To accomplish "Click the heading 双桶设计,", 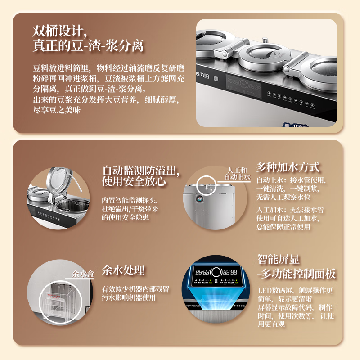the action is point(60,31).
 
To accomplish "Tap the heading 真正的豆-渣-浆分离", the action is point(88,46).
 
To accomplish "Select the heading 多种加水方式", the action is point(288,167).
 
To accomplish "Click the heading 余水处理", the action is point(123,270).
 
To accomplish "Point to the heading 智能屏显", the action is point(279,260).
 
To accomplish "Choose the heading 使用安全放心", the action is point(134,181).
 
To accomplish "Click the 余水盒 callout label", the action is point(83,274).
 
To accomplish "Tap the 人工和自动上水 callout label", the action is point(237,174).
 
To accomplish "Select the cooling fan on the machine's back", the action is point(199,199).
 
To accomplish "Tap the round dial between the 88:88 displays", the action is point(216,273).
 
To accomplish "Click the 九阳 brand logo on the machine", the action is point(203,75).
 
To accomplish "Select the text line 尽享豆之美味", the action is point(57,110).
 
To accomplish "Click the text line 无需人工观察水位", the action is point(283,197).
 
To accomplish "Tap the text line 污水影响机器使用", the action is point(129,298).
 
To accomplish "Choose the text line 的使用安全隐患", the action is point(126,217).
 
